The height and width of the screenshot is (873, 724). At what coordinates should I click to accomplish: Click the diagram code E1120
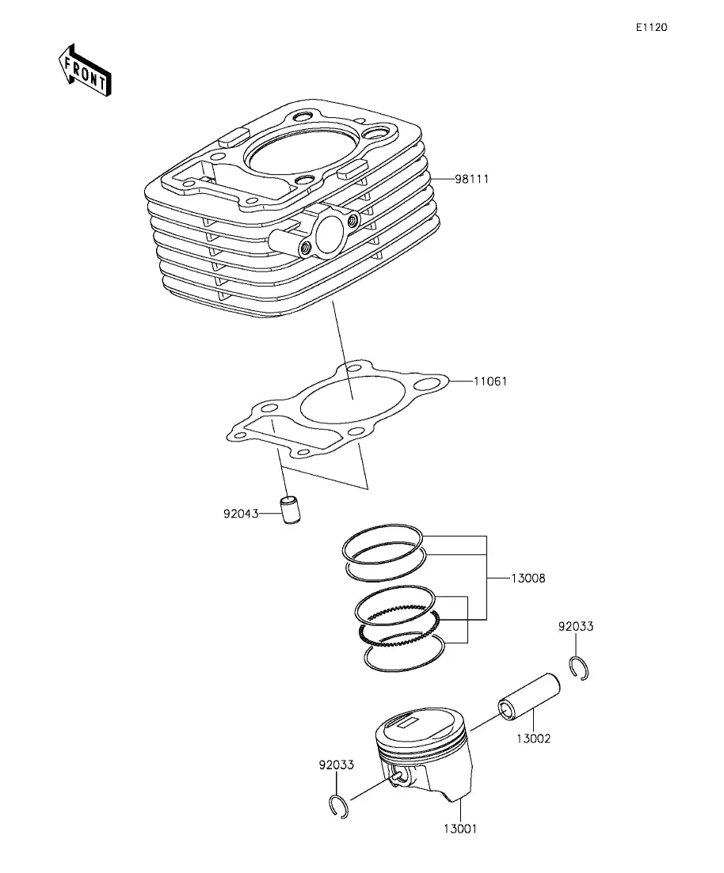pos(652,27)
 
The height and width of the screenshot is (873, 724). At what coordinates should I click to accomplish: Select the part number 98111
pos(471,180)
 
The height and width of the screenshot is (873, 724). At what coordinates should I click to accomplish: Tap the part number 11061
pos(490,381)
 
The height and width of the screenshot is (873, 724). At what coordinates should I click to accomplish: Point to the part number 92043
pos(242,514)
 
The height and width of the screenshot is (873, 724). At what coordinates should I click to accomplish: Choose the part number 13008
pos(528,579)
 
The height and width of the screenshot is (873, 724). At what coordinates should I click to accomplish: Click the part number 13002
pos(533,738)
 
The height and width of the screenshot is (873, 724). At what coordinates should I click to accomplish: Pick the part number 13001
pos(460,829)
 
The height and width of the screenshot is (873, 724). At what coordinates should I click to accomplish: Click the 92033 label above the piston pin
pos(576,627)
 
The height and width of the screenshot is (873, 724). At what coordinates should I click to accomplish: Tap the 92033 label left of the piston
pos(336,765)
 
